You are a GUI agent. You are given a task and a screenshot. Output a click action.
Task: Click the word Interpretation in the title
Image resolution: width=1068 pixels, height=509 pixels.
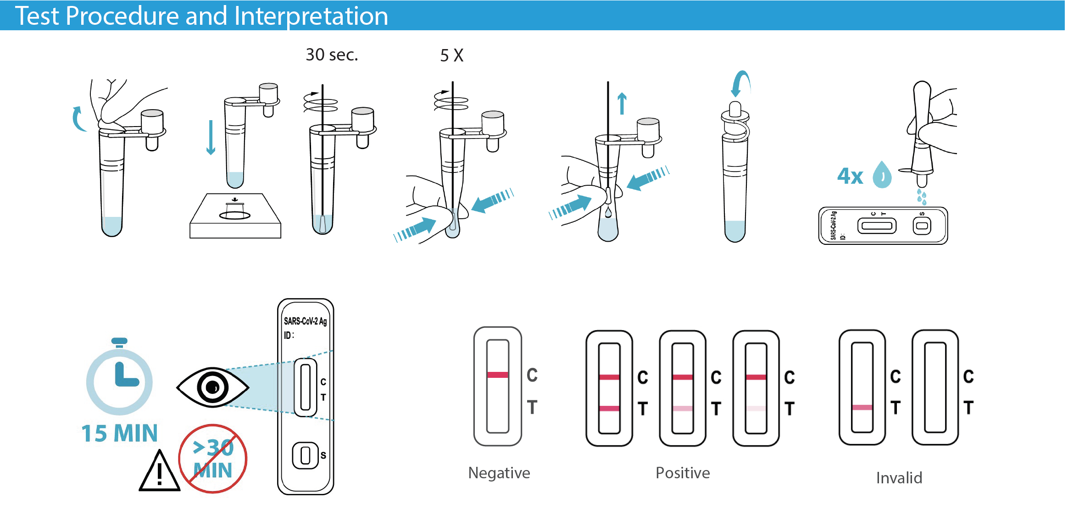coord(311,16)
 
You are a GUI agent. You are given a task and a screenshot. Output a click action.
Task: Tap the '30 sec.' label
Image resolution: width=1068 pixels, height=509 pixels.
coord(332,55)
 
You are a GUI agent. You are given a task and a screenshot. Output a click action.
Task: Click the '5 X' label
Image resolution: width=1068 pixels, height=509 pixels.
coord(451,56)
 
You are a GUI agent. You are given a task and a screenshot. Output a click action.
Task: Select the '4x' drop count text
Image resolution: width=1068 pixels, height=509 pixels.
coord(850,176)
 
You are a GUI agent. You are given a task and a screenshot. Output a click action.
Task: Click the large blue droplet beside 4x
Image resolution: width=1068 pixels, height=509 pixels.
coord(882,175)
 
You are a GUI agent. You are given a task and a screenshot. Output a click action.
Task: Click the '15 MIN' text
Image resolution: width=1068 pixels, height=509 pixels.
coord(119,433)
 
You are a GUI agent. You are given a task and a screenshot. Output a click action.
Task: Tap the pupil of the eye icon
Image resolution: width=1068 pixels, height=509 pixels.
coord(212,387)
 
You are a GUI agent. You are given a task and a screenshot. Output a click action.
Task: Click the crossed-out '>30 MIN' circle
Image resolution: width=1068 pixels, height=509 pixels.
coord(212,459)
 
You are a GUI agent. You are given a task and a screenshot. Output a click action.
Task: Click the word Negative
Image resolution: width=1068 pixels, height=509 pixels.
coord(499,473)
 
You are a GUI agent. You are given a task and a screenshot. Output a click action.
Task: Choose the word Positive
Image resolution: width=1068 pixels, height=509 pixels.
coord(682,473)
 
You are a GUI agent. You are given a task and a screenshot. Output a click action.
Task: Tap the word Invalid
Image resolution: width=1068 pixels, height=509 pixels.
coord(899,478)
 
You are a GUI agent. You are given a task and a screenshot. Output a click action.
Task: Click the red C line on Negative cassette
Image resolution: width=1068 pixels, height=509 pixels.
coord(498,375)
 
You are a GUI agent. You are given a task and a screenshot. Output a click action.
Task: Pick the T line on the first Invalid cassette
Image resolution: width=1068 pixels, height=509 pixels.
coord(862,407)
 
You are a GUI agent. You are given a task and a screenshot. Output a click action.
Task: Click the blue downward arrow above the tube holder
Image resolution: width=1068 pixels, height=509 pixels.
coord(211,138)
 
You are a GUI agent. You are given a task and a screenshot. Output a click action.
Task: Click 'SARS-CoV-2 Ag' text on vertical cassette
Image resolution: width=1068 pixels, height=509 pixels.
coord(305,321)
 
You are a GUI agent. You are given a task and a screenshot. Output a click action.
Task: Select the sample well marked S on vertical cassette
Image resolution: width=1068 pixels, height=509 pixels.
coord(305,455)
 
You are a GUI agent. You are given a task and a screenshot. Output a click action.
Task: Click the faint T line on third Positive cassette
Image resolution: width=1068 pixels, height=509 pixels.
coord(756,408)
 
